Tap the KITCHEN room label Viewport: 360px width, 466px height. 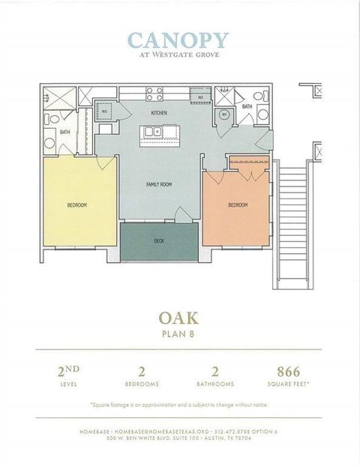[x=158, y=113]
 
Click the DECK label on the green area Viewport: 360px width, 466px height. [x=159, y=241]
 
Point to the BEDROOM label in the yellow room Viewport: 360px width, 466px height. [x=76, y=205]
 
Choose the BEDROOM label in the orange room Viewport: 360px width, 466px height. [x=238, y=205]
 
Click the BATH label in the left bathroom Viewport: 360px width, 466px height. [x=64, y=133]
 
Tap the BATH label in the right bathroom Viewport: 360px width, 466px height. [x=247, y=107]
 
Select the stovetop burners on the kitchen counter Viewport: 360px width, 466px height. [x=155, y=94]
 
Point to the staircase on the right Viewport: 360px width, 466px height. [x=292, y=225]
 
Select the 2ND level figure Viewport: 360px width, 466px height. [x=69, y=371]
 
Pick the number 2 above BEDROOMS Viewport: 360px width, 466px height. [x=141, y=372]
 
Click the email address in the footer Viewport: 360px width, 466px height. [x=150, y=432]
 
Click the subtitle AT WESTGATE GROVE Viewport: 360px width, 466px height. [x=178, y=54]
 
